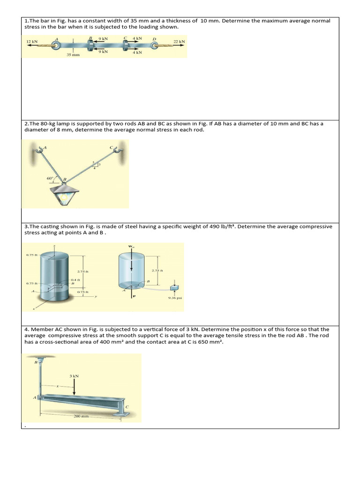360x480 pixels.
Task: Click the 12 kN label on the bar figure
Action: click(x=32, y=42)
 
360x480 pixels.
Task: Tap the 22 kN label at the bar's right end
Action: click(x=179, y=42)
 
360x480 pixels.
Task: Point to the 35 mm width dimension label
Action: click(x=73, y=55)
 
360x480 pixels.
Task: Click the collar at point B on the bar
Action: click(x=90, y=45)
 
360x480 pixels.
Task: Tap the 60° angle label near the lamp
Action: click(x=51, y=178)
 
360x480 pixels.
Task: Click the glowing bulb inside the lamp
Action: click(x=65, y=198)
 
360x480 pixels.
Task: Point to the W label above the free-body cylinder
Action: click(x=131, y=247)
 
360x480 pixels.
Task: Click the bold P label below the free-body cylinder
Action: click(x=134, y=296)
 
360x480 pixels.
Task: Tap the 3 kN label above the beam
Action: click(x=74, y=376)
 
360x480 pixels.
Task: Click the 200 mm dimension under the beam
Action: click(x=80, y=416)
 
